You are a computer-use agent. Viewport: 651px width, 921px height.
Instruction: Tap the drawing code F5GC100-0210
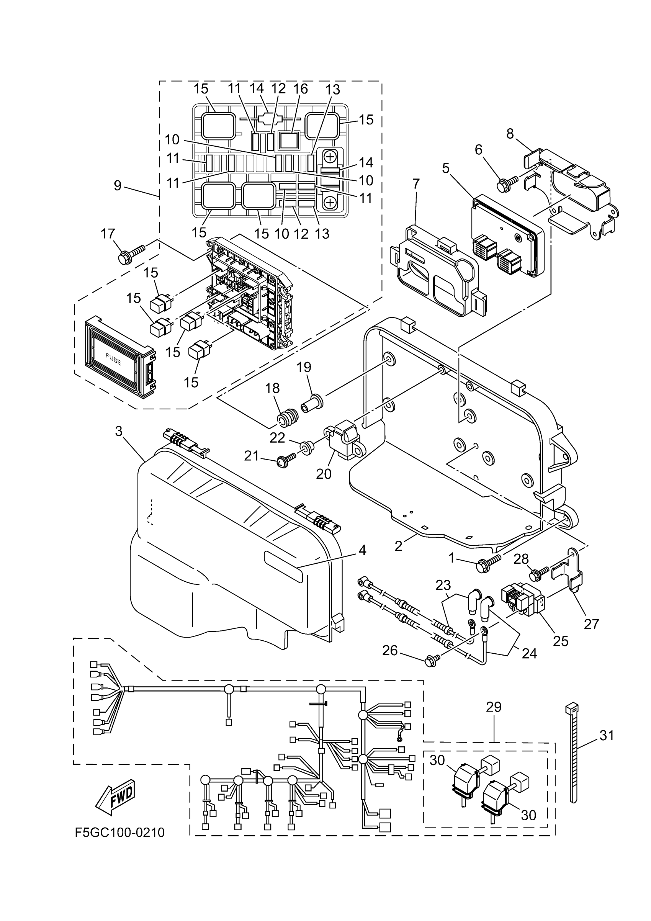click(x=119, y=833)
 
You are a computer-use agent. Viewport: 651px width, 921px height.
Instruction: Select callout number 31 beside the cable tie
click(x=607, y=735)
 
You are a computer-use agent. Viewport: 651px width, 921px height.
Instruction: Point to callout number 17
click(x=108, y=234)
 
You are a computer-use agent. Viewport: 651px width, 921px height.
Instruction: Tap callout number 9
click(x=118, y=186)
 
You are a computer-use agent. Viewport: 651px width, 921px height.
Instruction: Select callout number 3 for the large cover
click(x=118, y=432)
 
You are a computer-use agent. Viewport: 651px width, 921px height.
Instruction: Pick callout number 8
click(x=510, y=134)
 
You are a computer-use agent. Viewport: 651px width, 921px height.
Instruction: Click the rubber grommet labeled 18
click(x=288, y=420)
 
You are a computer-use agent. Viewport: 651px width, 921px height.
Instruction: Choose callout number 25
click(x=560, y=641)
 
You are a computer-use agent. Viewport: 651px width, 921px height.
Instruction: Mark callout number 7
click(x=416, y=184)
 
